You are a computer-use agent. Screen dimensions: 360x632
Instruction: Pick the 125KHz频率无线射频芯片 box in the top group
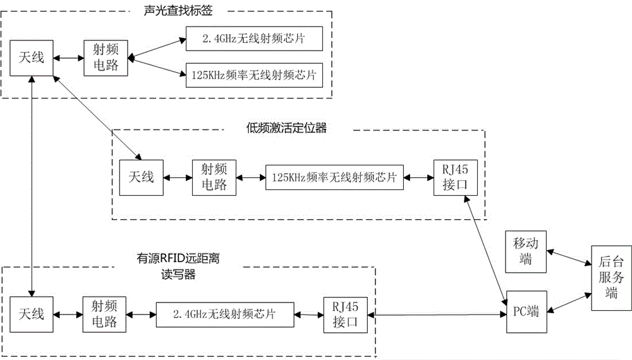click(254, 75)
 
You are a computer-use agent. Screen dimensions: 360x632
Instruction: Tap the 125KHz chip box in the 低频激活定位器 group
click(334, 178)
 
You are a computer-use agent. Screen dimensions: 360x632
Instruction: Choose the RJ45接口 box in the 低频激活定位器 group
click(450, 177)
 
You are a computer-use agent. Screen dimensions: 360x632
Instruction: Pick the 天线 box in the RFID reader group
click(30, 314)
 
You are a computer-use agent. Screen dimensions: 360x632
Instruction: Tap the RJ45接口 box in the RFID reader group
click(344, 314)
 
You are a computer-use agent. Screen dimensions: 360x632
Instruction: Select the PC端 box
click(526, 312)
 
